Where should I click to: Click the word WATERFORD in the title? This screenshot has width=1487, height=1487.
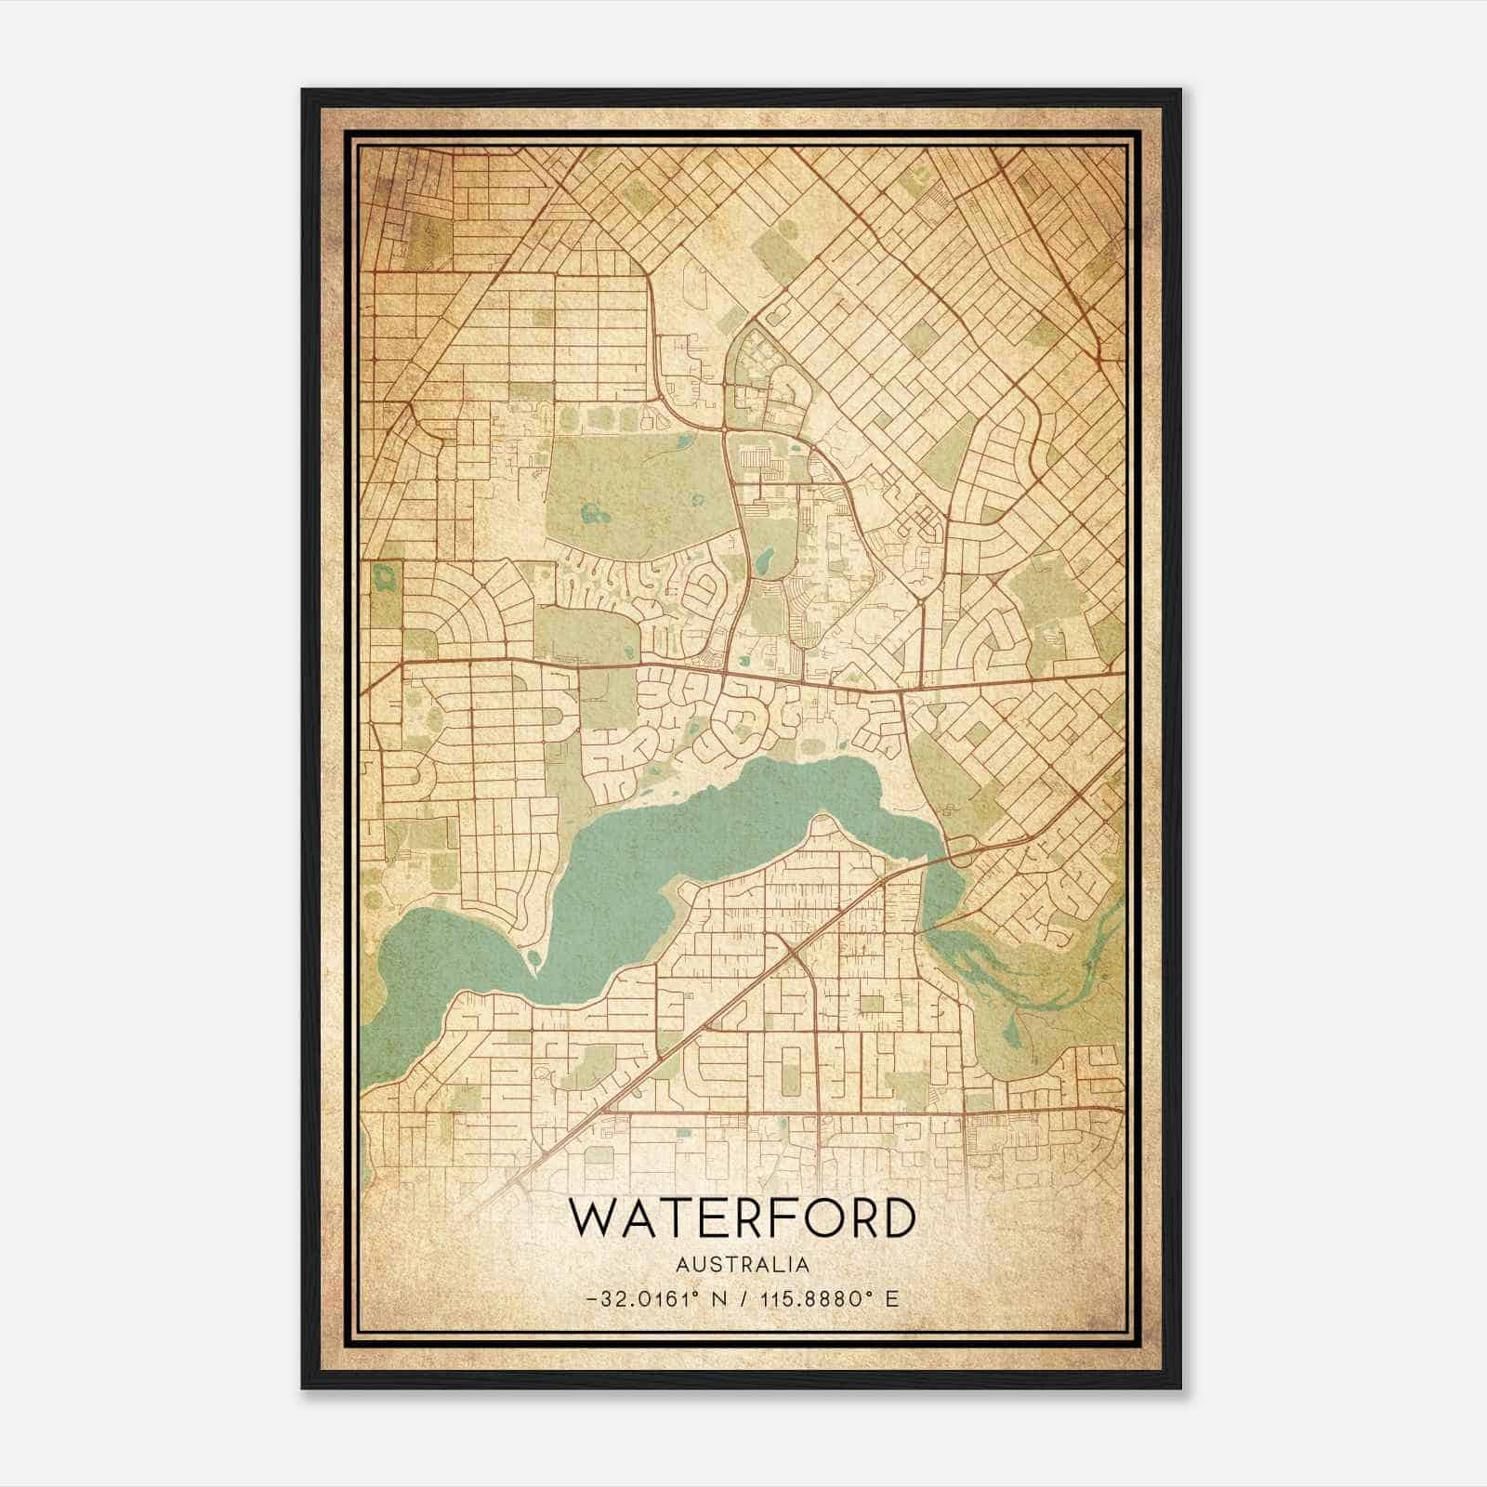741,1219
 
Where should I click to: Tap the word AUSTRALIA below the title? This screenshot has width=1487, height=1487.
741,1265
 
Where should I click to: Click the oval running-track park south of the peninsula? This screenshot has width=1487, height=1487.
791,1078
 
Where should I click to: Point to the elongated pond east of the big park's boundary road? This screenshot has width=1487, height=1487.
764,560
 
